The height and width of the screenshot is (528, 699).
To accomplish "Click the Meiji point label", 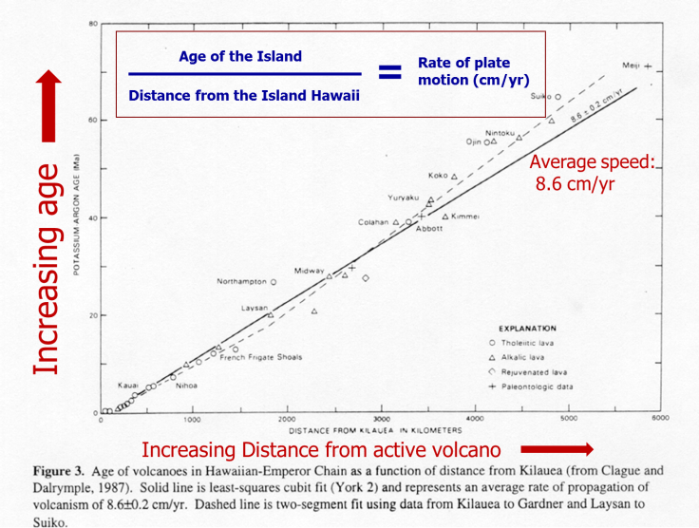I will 632,66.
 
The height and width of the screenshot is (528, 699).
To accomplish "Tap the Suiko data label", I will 540,97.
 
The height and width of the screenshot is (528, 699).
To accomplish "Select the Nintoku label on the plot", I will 500,132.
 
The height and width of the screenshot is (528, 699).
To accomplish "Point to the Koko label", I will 438,176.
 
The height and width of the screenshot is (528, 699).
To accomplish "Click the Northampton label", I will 241,282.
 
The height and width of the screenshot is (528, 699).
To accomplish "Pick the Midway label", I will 309,271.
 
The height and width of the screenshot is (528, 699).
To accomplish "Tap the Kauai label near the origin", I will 128,385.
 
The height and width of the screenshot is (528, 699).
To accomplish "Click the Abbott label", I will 429,229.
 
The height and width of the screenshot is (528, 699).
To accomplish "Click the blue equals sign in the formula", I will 389,72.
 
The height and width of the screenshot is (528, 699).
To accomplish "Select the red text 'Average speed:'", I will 592,162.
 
